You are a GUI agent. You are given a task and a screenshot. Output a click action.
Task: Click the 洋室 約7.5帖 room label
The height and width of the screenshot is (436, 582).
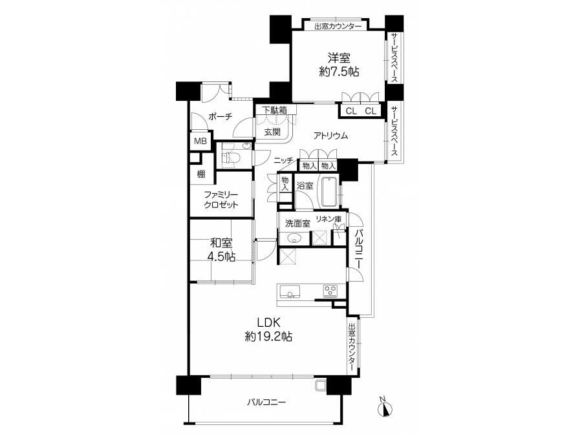(339, 65)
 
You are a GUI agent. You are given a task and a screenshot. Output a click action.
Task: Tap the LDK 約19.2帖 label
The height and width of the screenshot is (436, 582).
(268, 329)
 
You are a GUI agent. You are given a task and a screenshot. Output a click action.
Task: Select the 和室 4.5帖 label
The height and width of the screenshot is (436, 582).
(221, 249)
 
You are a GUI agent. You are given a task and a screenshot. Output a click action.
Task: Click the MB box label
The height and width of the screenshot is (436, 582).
(200, 141)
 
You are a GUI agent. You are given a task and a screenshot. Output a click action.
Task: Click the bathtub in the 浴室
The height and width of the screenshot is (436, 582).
(330, 192)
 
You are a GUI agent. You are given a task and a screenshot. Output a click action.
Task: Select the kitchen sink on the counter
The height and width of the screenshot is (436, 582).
(290, 291)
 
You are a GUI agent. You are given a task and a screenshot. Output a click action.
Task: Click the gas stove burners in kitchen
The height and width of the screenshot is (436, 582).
(330, 291)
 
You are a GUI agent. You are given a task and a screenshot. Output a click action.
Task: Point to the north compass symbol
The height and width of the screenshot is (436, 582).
(385, 408)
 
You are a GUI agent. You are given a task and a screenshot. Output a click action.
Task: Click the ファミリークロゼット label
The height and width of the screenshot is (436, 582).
(221, 200)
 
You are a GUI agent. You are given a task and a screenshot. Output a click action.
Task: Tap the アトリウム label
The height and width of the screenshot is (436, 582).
(330, 136)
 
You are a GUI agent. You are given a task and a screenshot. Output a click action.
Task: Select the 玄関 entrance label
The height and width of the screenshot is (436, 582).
(272, 132)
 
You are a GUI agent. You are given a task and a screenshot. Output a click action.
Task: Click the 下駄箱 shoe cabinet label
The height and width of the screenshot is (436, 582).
(275, 110)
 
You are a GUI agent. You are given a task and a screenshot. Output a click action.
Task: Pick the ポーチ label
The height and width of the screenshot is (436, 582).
(221, 116)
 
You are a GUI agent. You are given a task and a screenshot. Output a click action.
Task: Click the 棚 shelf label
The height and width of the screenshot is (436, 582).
(201, 174)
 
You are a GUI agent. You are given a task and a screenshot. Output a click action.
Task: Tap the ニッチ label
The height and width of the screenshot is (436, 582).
(284, 160)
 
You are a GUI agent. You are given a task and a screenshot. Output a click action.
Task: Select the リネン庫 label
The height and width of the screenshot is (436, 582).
(329, 219)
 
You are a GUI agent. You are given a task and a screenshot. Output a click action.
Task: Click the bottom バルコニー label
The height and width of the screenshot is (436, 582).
(266, 402)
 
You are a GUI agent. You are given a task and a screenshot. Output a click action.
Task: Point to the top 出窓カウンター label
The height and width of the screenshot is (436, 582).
(338, 26)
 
